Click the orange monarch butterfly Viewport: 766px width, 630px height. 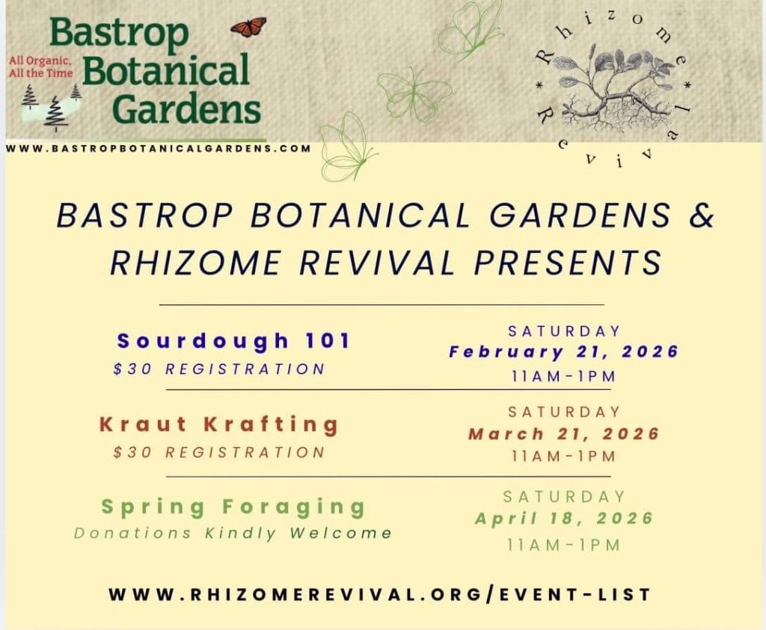pyautogui.click(x=248, y=27)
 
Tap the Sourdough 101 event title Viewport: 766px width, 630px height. pyautogui.click(x=234, y=340)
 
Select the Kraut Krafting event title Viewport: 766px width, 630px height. pyautogui.click(x=219, y=424)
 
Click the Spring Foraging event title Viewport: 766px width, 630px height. pyautogui.click(x=233, y=507)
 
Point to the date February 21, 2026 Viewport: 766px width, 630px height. pyautogui.click(x=564, y=352)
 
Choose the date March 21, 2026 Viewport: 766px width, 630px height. pyautogui.click(x=564, y=433)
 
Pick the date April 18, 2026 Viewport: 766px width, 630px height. pyautogui.click(x=564, y=519)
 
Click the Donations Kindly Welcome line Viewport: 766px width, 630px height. pyautogui.click(x=233, y=533)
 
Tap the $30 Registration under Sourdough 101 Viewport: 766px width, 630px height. pyautogui.click(x=219, y=369)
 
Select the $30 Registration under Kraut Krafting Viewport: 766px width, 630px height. pyautogui.click(x=219, y=453)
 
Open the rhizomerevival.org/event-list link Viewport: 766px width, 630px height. pyautogui.click(x=379, y=595)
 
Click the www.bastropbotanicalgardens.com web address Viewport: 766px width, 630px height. pyautogui.click(x=159, y=148)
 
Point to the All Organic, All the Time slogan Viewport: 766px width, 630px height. pyautogui.click(x=40, y=67)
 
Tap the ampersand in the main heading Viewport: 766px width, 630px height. pyautogui.click(x=702, y=215)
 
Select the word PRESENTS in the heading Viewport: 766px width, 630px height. pyautogui.click(x=568, y=263)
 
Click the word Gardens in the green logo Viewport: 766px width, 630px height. pyautogui.click(x=186, y=108)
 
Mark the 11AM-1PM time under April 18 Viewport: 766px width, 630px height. pyautogui.click(x=564, y=545)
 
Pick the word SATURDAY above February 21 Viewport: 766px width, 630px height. pyautogui.click(x=564, y=331)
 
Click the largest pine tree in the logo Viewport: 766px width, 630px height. pyautogui.click(x=56, y=114)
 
